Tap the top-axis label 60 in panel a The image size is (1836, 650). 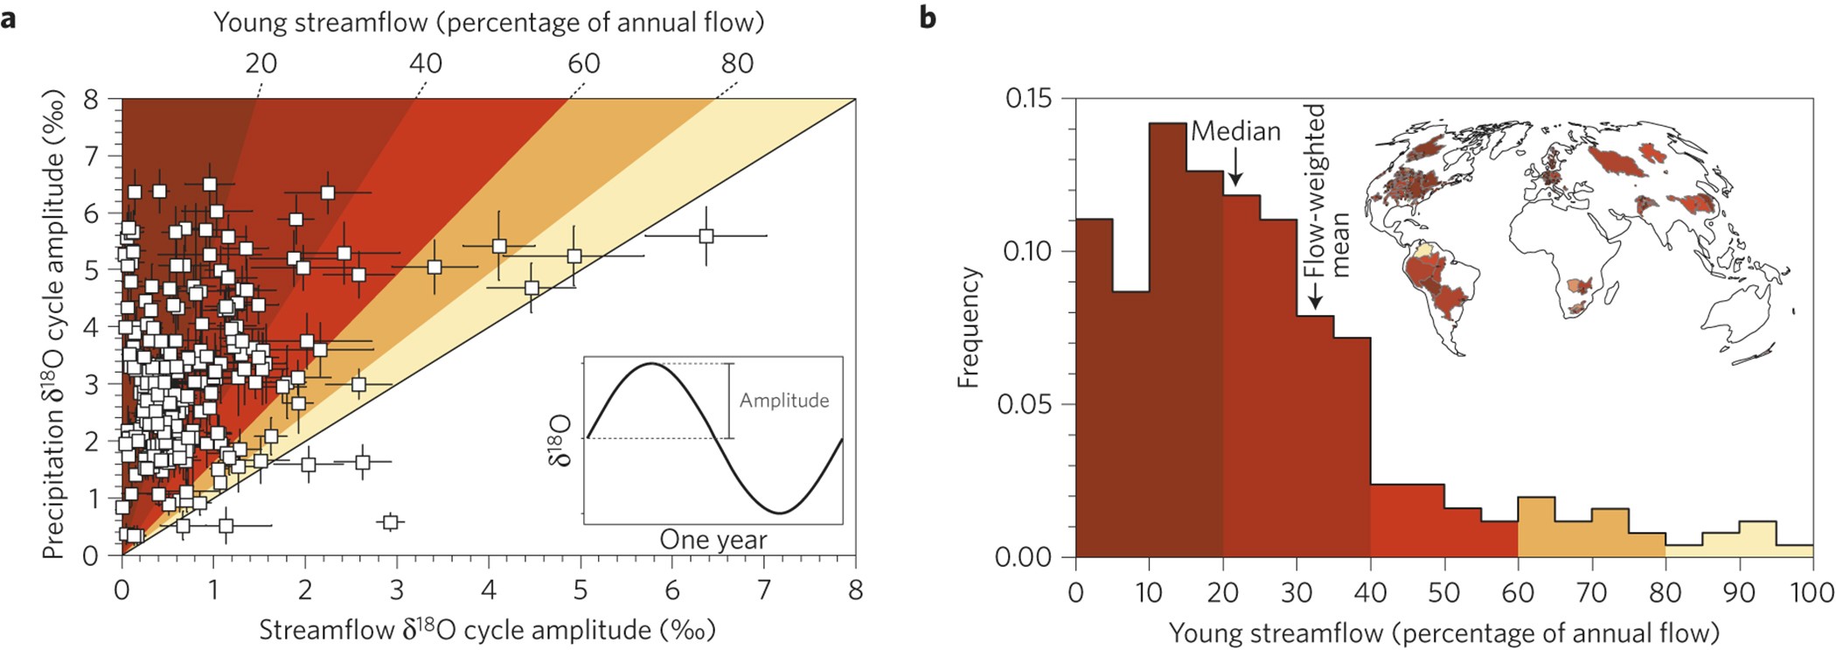(583, 63)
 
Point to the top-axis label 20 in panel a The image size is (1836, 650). (261, 63)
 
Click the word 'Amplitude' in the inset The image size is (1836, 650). (783, 401)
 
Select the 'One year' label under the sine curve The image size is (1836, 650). (713, 540)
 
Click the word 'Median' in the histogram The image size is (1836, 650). (1235, 131)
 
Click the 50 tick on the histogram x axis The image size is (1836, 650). (1443, 592)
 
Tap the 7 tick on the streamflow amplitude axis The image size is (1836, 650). (763, 590)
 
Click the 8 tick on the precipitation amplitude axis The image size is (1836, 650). (91, 99)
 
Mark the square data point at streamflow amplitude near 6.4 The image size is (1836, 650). (706, 236)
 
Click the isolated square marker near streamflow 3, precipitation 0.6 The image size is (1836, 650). (391, 522)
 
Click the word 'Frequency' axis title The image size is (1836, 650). (969, 328)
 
